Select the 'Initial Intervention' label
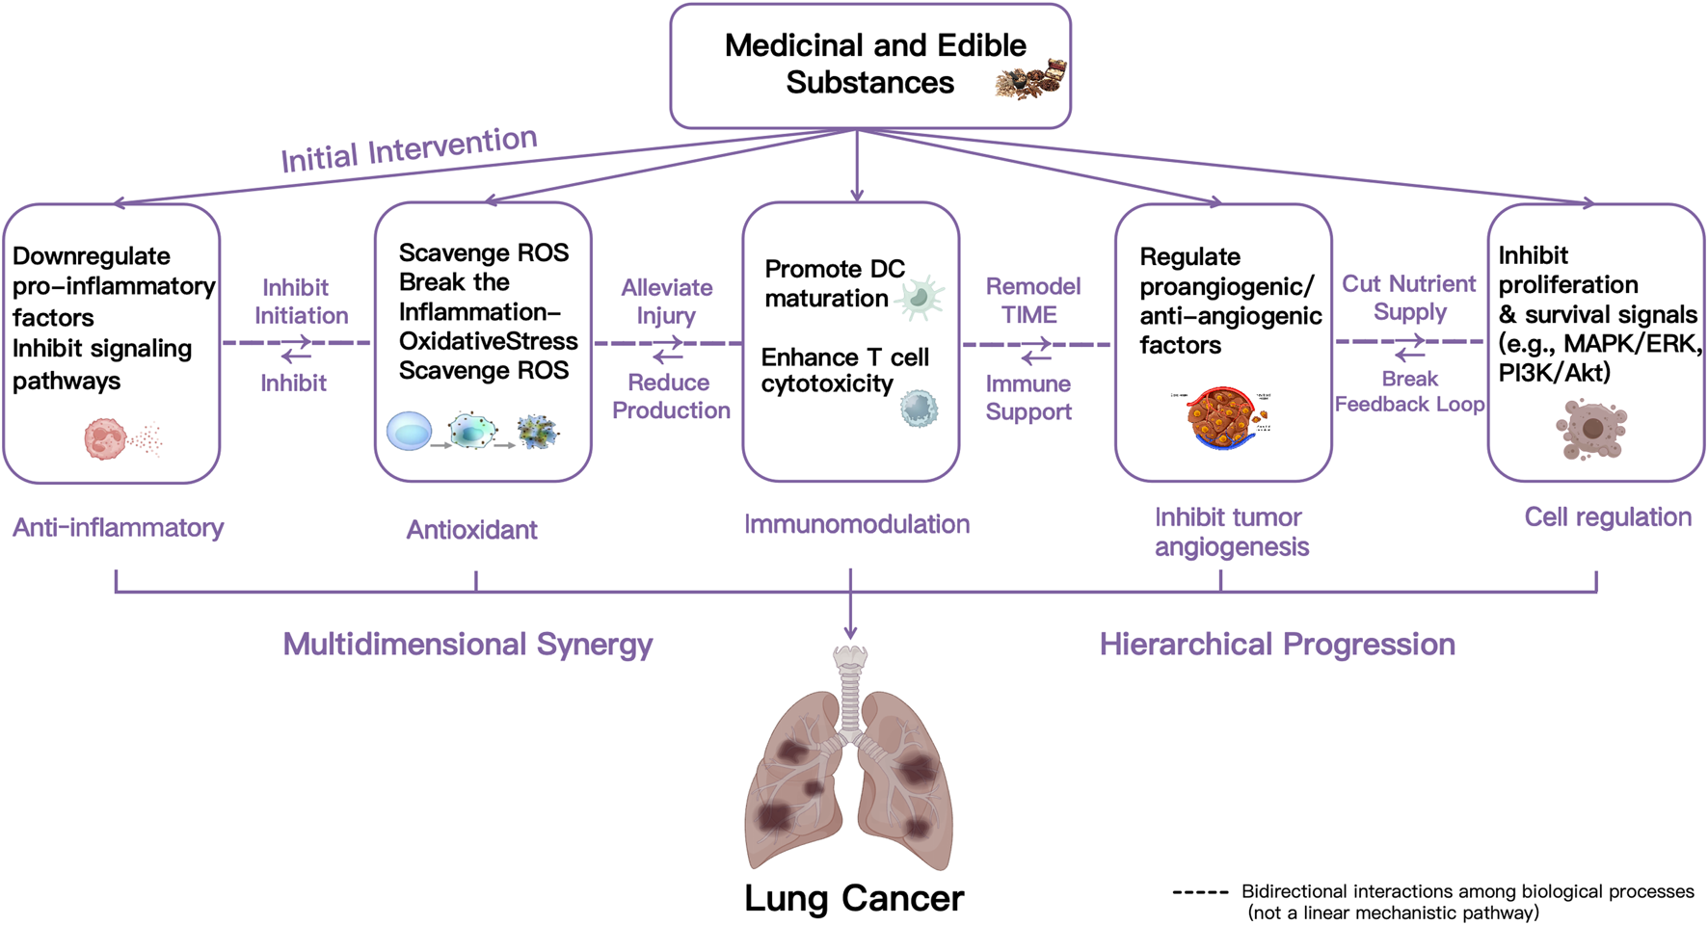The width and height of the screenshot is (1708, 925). (409, 149)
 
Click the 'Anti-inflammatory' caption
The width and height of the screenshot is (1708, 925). (118, 528)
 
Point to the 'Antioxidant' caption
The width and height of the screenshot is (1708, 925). (471, 530)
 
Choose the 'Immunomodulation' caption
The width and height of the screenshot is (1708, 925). (856, 524)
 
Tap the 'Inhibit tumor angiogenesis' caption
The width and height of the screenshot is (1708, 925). (1231, 532)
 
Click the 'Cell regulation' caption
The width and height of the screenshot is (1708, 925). (1607, 517)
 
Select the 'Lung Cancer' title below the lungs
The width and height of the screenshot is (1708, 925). (853, 898)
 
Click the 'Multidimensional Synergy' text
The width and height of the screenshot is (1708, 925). (467, 645)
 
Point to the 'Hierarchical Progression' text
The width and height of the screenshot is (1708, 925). (1277, 645)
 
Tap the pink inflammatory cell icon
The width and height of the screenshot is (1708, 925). (106, 438)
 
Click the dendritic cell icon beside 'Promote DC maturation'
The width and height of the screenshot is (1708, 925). (920, 298)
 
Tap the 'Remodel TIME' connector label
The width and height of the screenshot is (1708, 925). (1031, 301)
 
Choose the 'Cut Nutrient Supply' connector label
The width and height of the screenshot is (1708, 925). (1408, 298)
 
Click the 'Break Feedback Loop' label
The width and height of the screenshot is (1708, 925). (1408, 391)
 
